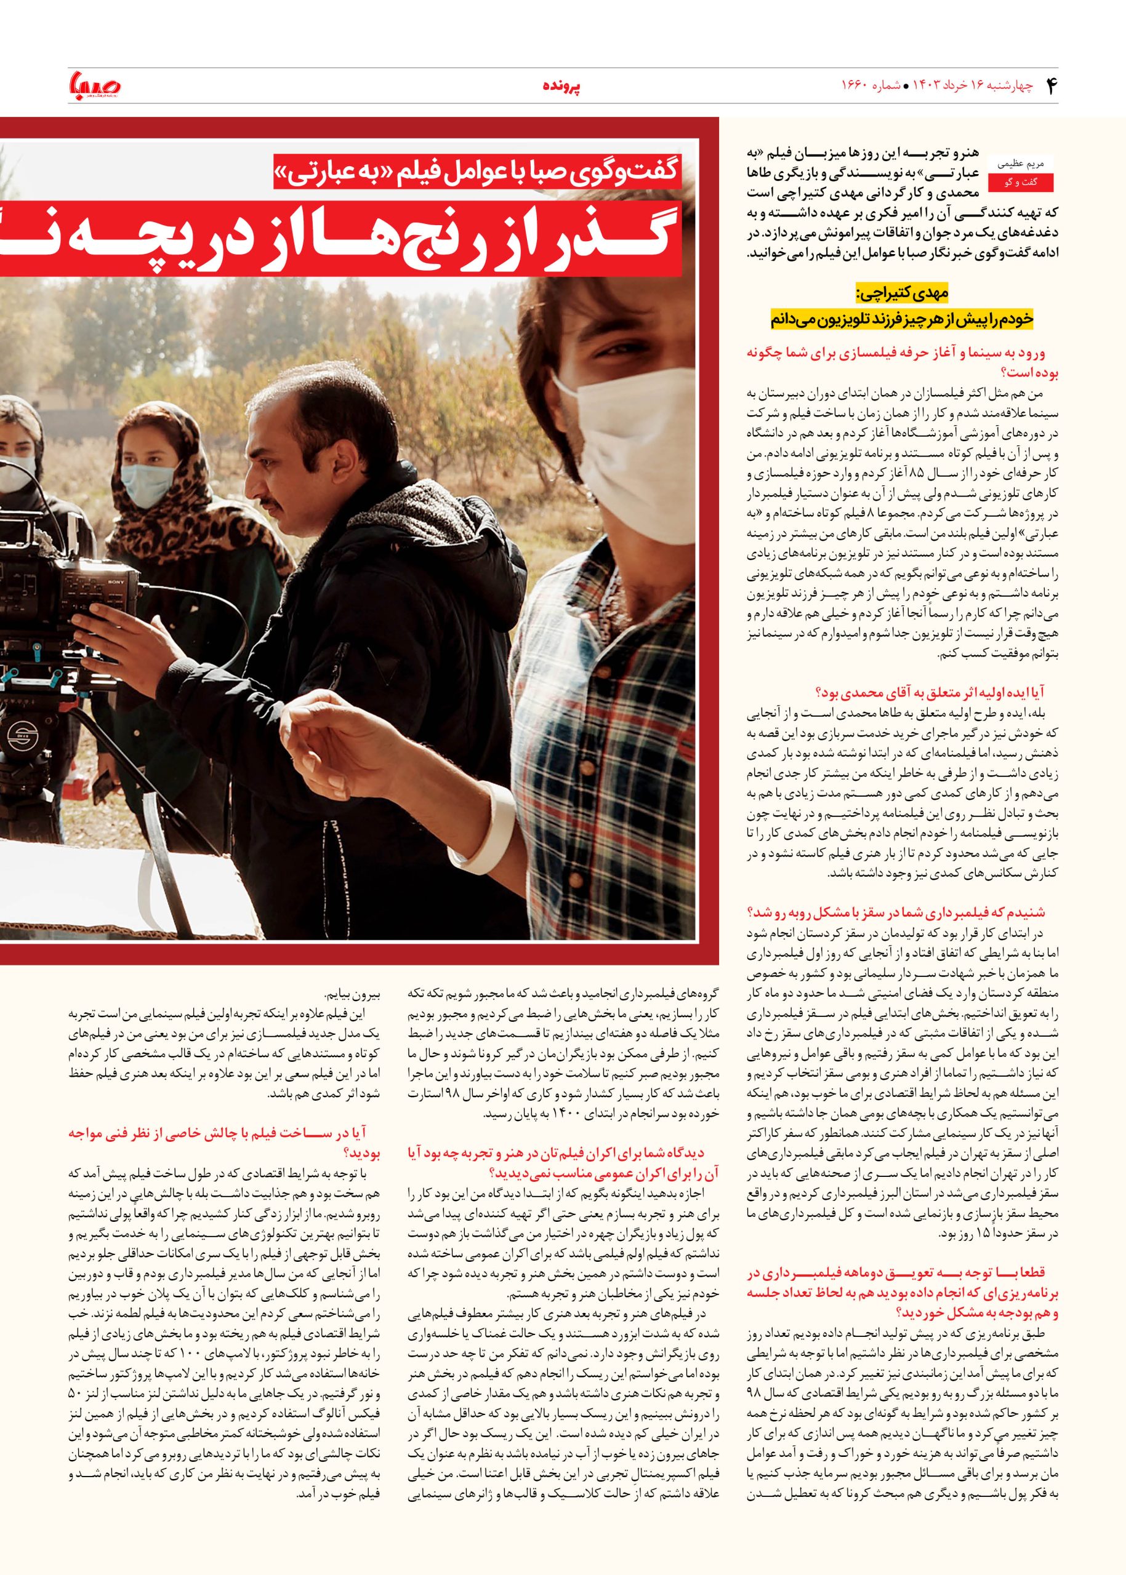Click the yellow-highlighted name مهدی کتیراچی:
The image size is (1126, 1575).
coord(901,295)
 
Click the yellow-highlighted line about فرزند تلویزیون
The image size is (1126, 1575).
coord(901,319)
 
